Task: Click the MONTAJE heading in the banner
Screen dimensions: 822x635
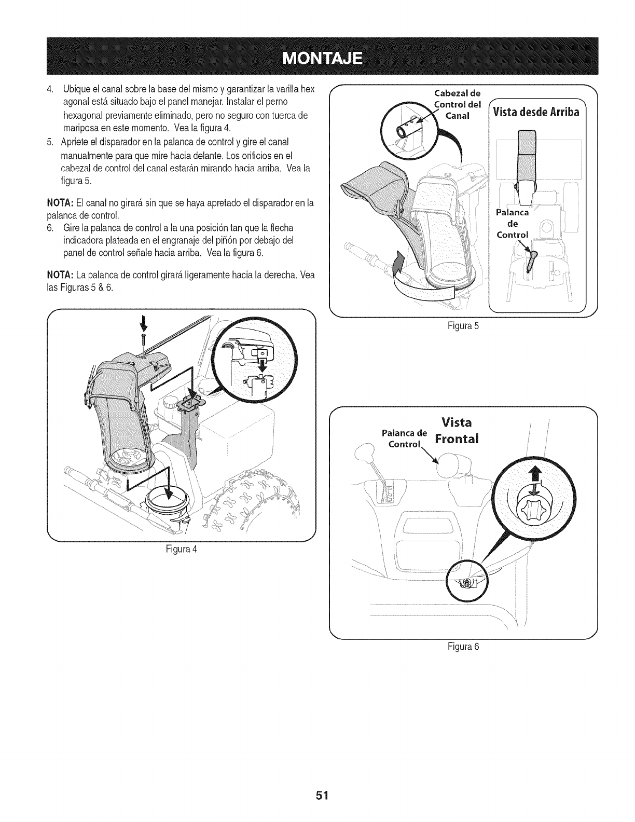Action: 317,57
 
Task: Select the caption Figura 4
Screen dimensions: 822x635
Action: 181,549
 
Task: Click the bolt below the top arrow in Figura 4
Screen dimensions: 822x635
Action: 142,340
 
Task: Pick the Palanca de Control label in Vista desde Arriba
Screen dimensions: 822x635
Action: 513,223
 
